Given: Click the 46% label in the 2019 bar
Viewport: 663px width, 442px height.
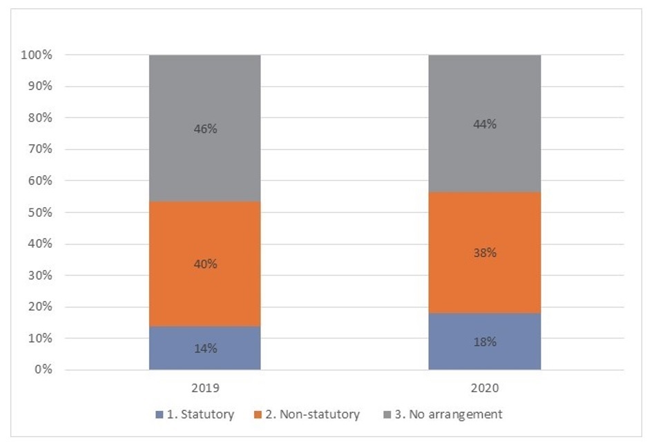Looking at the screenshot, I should [x=205, y=128].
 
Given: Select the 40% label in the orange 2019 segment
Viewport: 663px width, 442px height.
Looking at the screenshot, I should [x=205, y=264].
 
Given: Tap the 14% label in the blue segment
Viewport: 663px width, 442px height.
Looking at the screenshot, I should [x=205, y=349].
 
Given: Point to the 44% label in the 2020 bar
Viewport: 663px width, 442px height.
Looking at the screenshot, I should [x=485, y=124].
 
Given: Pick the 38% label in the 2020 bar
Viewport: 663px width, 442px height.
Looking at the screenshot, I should [x=485, y=253].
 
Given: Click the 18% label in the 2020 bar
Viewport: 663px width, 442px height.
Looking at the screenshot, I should [x=485, y=343].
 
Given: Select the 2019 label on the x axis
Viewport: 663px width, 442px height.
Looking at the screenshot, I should [x=205, y=389].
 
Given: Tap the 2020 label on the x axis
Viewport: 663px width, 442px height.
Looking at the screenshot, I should [x=485, y=389].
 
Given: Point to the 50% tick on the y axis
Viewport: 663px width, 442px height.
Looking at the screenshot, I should [x=41, y=213].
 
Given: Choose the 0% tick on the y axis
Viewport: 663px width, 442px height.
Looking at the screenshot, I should [x=44, y=370].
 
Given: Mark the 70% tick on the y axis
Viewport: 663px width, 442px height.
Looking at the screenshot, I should [x=41, y=150].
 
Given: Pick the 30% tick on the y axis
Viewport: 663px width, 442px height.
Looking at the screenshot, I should [x=41, y=276].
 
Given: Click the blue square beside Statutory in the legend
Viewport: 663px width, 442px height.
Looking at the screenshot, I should [x=160, y=415].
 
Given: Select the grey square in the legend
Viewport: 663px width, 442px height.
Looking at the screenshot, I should [x=388, y=415].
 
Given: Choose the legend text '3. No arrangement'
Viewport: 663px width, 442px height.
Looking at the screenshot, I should [x=448, y=414].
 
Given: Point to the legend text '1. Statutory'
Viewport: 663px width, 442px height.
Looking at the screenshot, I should [x=201, y=414].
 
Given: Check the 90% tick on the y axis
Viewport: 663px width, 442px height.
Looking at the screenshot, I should [x=41, y=87].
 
